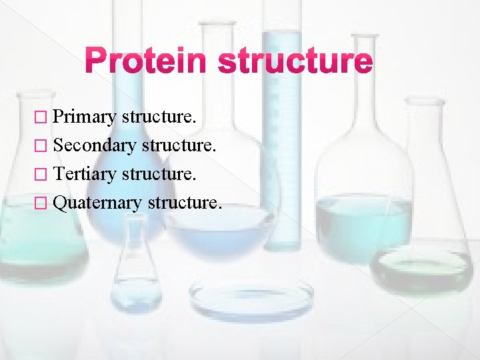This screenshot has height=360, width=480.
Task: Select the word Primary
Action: [x=85, y=117]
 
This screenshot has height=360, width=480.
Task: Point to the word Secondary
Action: [x=95, y=145]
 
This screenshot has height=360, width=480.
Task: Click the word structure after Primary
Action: [x=159, y=117]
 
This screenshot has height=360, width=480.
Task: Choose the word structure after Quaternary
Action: [x=183, y=201]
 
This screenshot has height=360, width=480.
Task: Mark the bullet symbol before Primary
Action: [x=44, y=117]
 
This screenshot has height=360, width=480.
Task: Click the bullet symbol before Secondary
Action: [x=44, y=145]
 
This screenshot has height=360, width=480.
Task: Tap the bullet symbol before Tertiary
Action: [x=44, y=173]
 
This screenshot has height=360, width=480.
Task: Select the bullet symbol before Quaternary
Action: [x=44, y=202]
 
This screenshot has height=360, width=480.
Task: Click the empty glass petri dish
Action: [x=251, y=296]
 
